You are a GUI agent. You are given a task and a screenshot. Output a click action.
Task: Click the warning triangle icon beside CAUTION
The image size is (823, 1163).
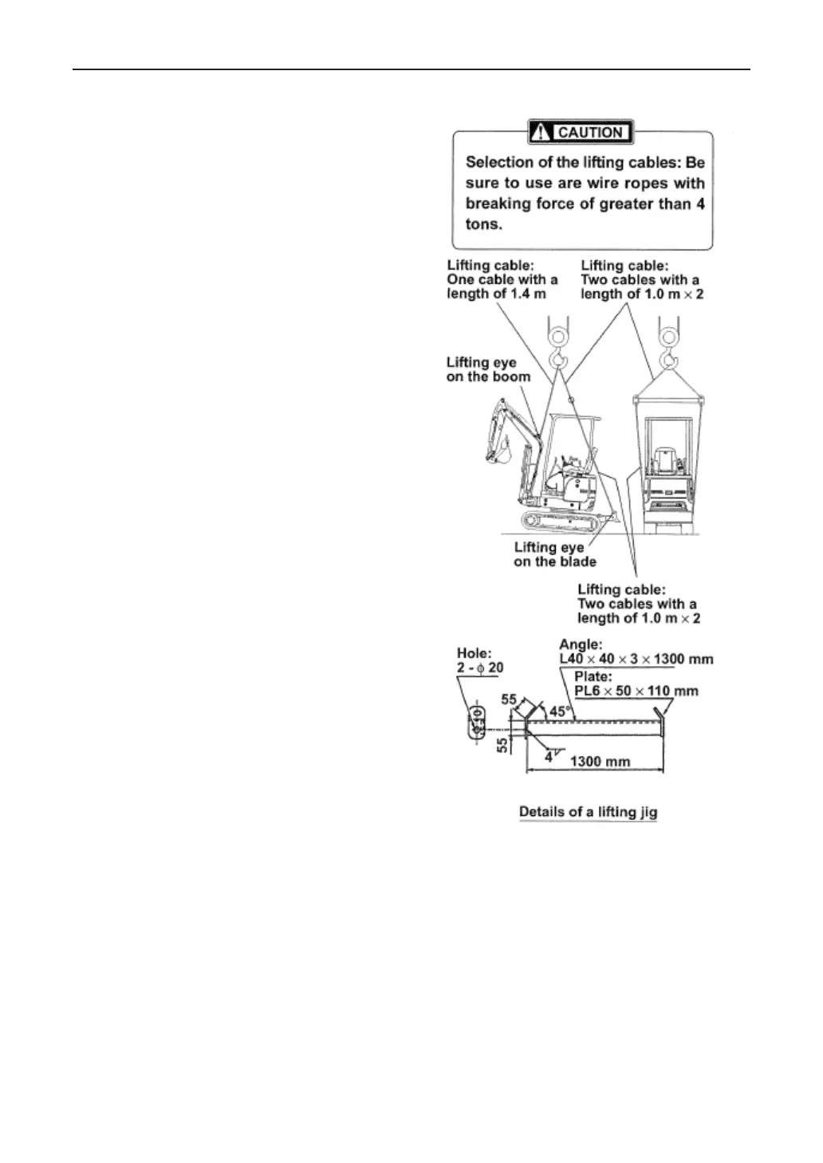tap(541, 132)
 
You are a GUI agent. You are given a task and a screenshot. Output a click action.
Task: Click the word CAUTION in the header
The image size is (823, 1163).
tap(590, 132)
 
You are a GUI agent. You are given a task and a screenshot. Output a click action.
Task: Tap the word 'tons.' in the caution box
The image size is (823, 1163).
tap(483, 225)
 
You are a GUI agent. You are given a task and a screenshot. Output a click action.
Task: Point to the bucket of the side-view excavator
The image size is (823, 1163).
tap(496, 453)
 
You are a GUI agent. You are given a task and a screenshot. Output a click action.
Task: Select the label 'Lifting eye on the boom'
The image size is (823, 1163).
tap(487, 369)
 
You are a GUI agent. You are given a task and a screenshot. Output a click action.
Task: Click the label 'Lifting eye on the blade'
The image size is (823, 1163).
tap(554, 554)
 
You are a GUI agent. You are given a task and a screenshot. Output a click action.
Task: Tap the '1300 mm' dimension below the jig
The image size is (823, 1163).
tap(600, 761)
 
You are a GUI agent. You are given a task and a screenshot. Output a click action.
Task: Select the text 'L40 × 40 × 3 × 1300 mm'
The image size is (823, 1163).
tap(636, 660)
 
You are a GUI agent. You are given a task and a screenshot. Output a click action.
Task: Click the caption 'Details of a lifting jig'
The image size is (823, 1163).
tap(588, 812)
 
